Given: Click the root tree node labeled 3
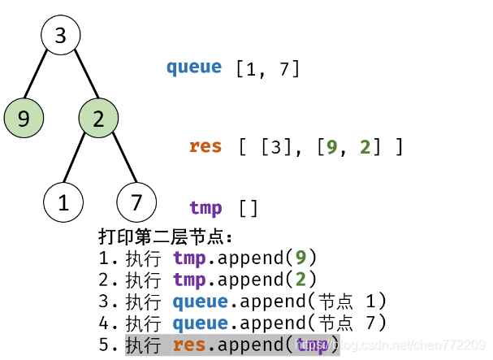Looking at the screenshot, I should click(61, 36).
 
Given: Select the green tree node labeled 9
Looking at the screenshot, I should click(24, 119).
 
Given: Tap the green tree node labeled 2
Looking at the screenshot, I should click(98, 119).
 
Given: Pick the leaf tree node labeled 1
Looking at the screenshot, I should click(63, 202).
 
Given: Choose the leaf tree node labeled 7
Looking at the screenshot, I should click(136, 202).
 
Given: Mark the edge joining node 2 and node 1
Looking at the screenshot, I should click(81, 160).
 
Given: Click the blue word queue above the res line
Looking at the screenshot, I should click(194, 67).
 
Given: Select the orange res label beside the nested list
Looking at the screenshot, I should click(205, 146).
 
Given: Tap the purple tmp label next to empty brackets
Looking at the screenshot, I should click(205, 208).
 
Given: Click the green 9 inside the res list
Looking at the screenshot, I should click(331, 147).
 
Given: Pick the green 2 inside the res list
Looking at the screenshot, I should click(365, 147).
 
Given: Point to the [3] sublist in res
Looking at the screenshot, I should click(279, 147).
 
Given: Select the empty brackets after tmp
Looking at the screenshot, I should click(248, 209).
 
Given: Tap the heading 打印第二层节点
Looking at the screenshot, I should click(166, 237).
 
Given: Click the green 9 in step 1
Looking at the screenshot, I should click(301, 258).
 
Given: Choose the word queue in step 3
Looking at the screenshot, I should click(200, 302).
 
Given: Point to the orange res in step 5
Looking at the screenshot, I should click(189, 346).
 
